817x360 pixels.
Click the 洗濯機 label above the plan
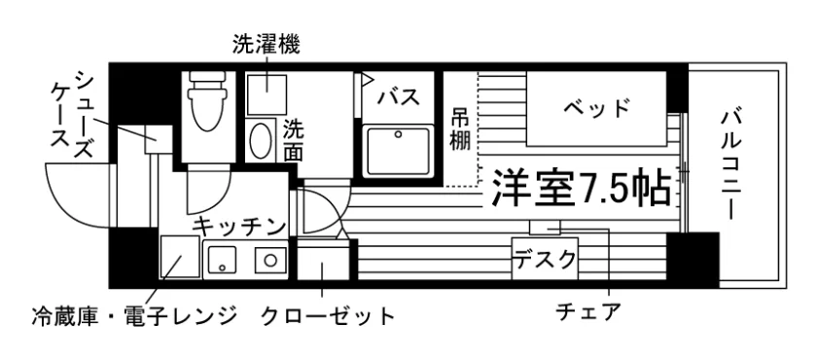[266, 46]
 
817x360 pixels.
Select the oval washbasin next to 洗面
[261, 140]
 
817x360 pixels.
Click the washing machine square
[266, 94]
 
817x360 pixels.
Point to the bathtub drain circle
[399, 134]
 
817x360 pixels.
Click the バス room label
[399, 97]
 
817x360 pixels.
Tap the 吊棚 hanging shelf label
[460, 129]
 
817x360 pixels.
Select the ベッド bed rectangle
[596, 108]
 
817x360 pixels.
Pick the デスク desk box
[545, 258]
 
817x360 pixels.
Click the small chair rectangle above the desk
[545, 228]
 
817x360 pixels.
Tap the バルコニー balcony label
[730, 164]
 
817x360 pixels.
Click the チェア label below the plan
[588, 311]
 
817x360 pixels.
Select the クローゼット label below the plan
[328, 315]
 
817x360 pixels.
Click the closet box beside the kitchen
[323, 263]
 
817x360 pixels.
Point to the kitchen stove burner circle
[270, 260]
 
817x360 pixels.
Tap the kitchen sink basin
[223, 259]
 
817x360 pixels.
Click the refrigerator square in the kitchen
[180, 256]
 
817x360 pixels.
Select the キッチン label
[239, 227]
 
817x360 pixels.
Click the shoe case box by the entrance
[158, 139]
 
